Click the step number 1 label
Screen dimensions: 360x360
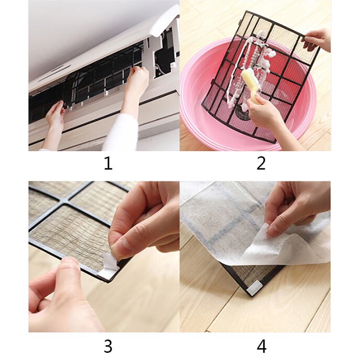(x=108, y=163)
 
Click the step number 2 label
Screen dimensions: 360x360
(x=261, y=163)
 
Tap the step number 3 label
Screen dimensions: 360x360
(x=108, y=346)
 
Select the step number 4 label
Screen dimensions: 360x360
(x=261, y=346)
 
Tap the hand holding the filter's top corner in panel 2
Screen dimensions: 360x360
(x=317, y=40)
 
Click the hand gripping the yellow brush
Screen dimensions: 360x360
(x=264, y=110)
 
